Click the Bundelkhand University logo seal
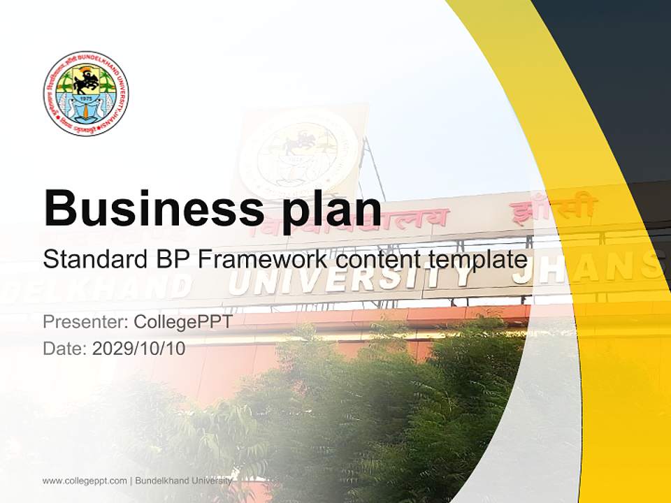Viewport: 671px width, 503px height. pyautogui.click(x=85, y=94)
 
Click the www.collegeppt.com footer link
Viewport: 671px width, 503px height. pyautogui.click(x=85, y=481)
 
